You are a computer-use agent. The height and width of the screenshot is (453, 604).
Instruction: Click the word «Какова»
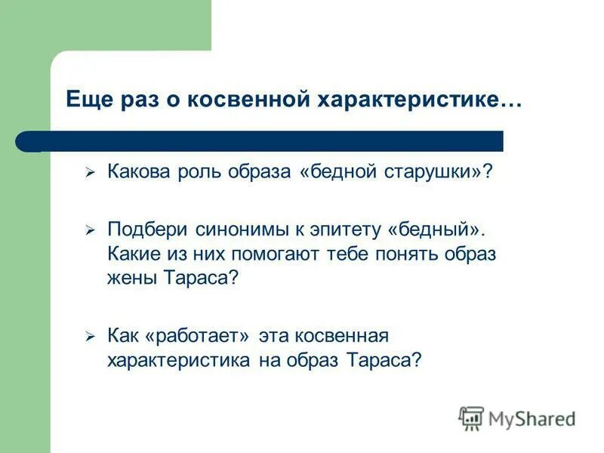[x=137, y=173]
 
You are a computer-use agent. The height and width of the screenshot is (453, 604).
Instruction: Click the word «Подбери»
[x=140, y=229]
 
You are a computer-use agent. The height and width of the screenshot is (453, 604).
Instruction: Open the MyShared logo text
[x=532, y=418]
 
